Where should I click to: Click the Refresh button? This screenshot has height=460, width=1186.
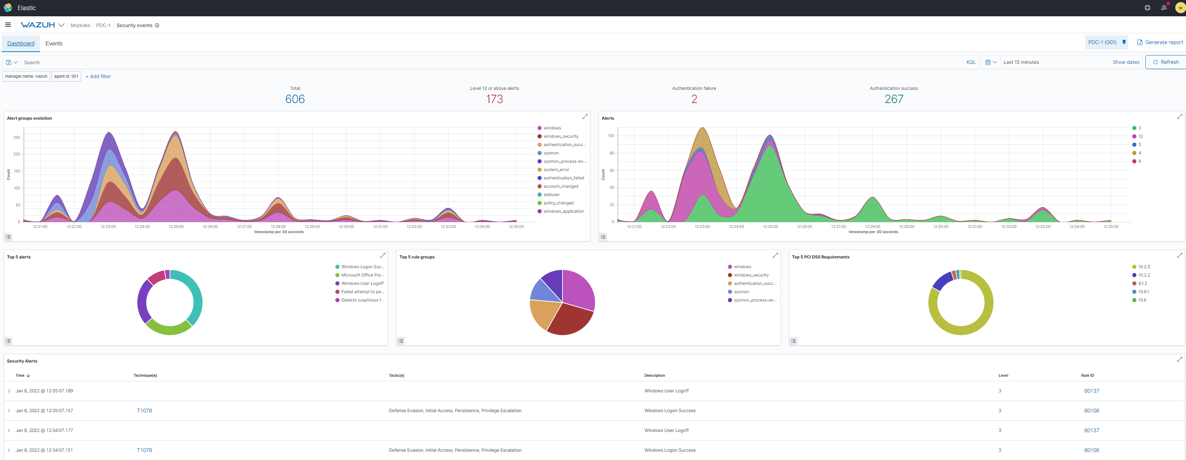[1166, 62]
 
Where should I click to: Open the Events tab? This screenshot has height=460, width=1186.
[54, 43]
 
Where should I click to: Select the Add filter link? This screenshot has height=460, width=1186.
[98, 76]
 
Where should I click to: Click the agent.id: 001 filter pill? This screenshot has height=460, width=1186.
[66, 76]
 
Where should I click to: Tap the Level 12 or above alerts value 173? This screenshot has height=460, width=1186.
[495, 99]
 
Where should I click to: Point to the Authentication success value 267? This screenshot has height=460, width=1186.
[894, 99]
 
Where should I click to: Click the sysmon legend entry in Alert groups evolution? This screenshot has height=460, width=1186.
[551, 153]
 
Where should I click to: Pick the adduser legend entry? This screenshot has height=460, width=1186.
[551, 195]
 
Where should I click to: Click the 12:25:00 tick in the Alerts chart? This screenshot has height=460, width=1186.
[770, 227]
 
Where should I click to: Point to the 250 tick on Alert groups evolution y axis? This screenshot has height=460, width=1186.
[17, 137]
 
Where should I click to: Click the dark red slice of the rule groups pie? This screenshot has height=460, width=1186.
[571, 320]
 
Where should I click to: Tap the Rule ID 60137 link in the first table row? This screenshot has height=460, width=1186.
[1091, 391]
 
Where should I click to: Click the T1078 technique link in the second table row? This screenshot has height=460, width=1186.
[144, 411]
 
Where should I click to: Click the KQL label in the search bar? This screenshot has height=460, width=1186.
[971, 62]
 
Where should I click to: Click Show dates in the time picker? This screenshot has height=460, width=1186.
[1126, 62]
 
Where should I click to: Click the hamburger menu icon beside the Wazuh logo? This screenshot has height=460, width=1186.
[8, 25]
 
